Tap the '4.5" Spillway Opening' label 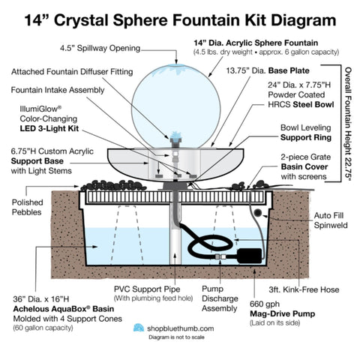100,49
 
